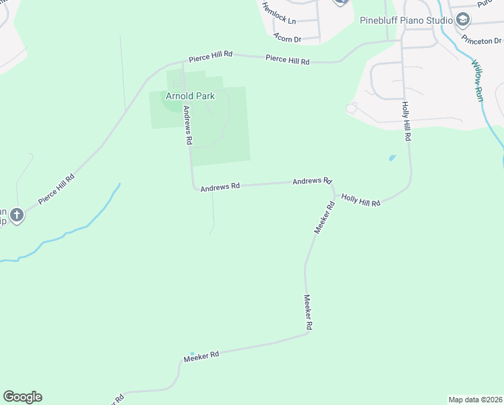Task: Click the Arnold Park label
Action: pos(190,96)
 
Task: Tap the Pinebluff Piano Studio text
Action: pos(406,20)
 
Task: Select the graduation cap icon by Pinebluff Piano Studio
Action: pos(463,19)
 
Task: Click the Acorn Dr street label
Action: pos(287,38)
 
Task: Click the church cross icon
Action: pos(17,216)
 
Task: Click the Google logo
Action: pos(22,397)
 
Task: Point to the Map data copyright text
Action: pos(475,400)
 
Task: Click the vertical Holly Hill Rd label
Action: pos(406,121)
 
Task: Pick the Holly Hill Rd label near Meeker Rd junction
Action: pos(360,200)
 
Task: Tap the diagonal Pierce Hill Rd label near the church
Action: pos(56,188)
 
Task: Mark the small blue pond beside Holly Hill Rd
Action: pos(392,159)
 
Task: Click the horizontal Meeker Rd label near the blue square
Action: pos(201,356)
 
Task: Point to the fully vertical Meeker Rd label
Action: pos(307,312)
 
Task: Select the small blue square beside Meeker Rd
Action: pos(192,354)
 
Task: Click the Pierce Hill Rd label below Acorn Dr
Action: pos(287,60)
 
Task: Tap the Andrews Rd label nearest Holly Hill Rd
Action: pos(312,181)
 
